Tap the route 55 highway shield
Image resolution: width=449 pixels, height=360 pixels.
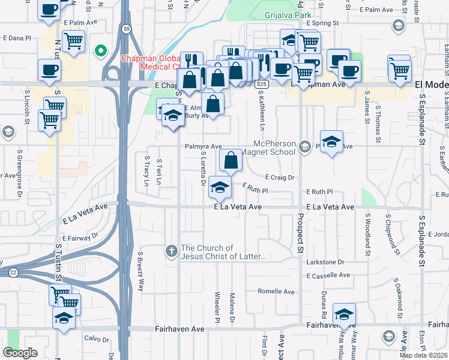125,28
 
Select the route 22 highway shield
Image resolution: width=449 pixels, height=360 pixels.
13,272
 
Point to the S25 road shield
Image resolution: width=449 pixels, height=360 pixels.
261,85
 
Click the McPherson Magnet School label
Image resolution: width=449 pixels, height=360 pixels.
275,148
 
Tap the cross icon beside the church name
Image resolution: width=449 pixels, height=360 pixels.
172,252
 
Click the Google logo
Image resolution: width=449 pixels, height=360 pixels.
20,353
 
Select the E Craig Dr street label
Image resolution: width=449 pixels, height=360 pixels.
280,178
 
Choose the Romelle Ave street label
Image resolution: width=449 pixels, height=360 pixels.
276,292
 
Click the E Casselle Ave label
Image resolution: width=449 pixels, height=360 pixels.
328,275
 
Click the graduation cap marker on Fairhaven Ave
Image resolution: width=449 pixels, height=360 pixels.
345,314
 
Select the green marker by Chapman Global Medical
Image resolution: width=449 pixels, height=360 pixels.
101,50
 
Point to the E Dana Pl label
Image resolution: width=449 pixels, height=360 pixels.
16,38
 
